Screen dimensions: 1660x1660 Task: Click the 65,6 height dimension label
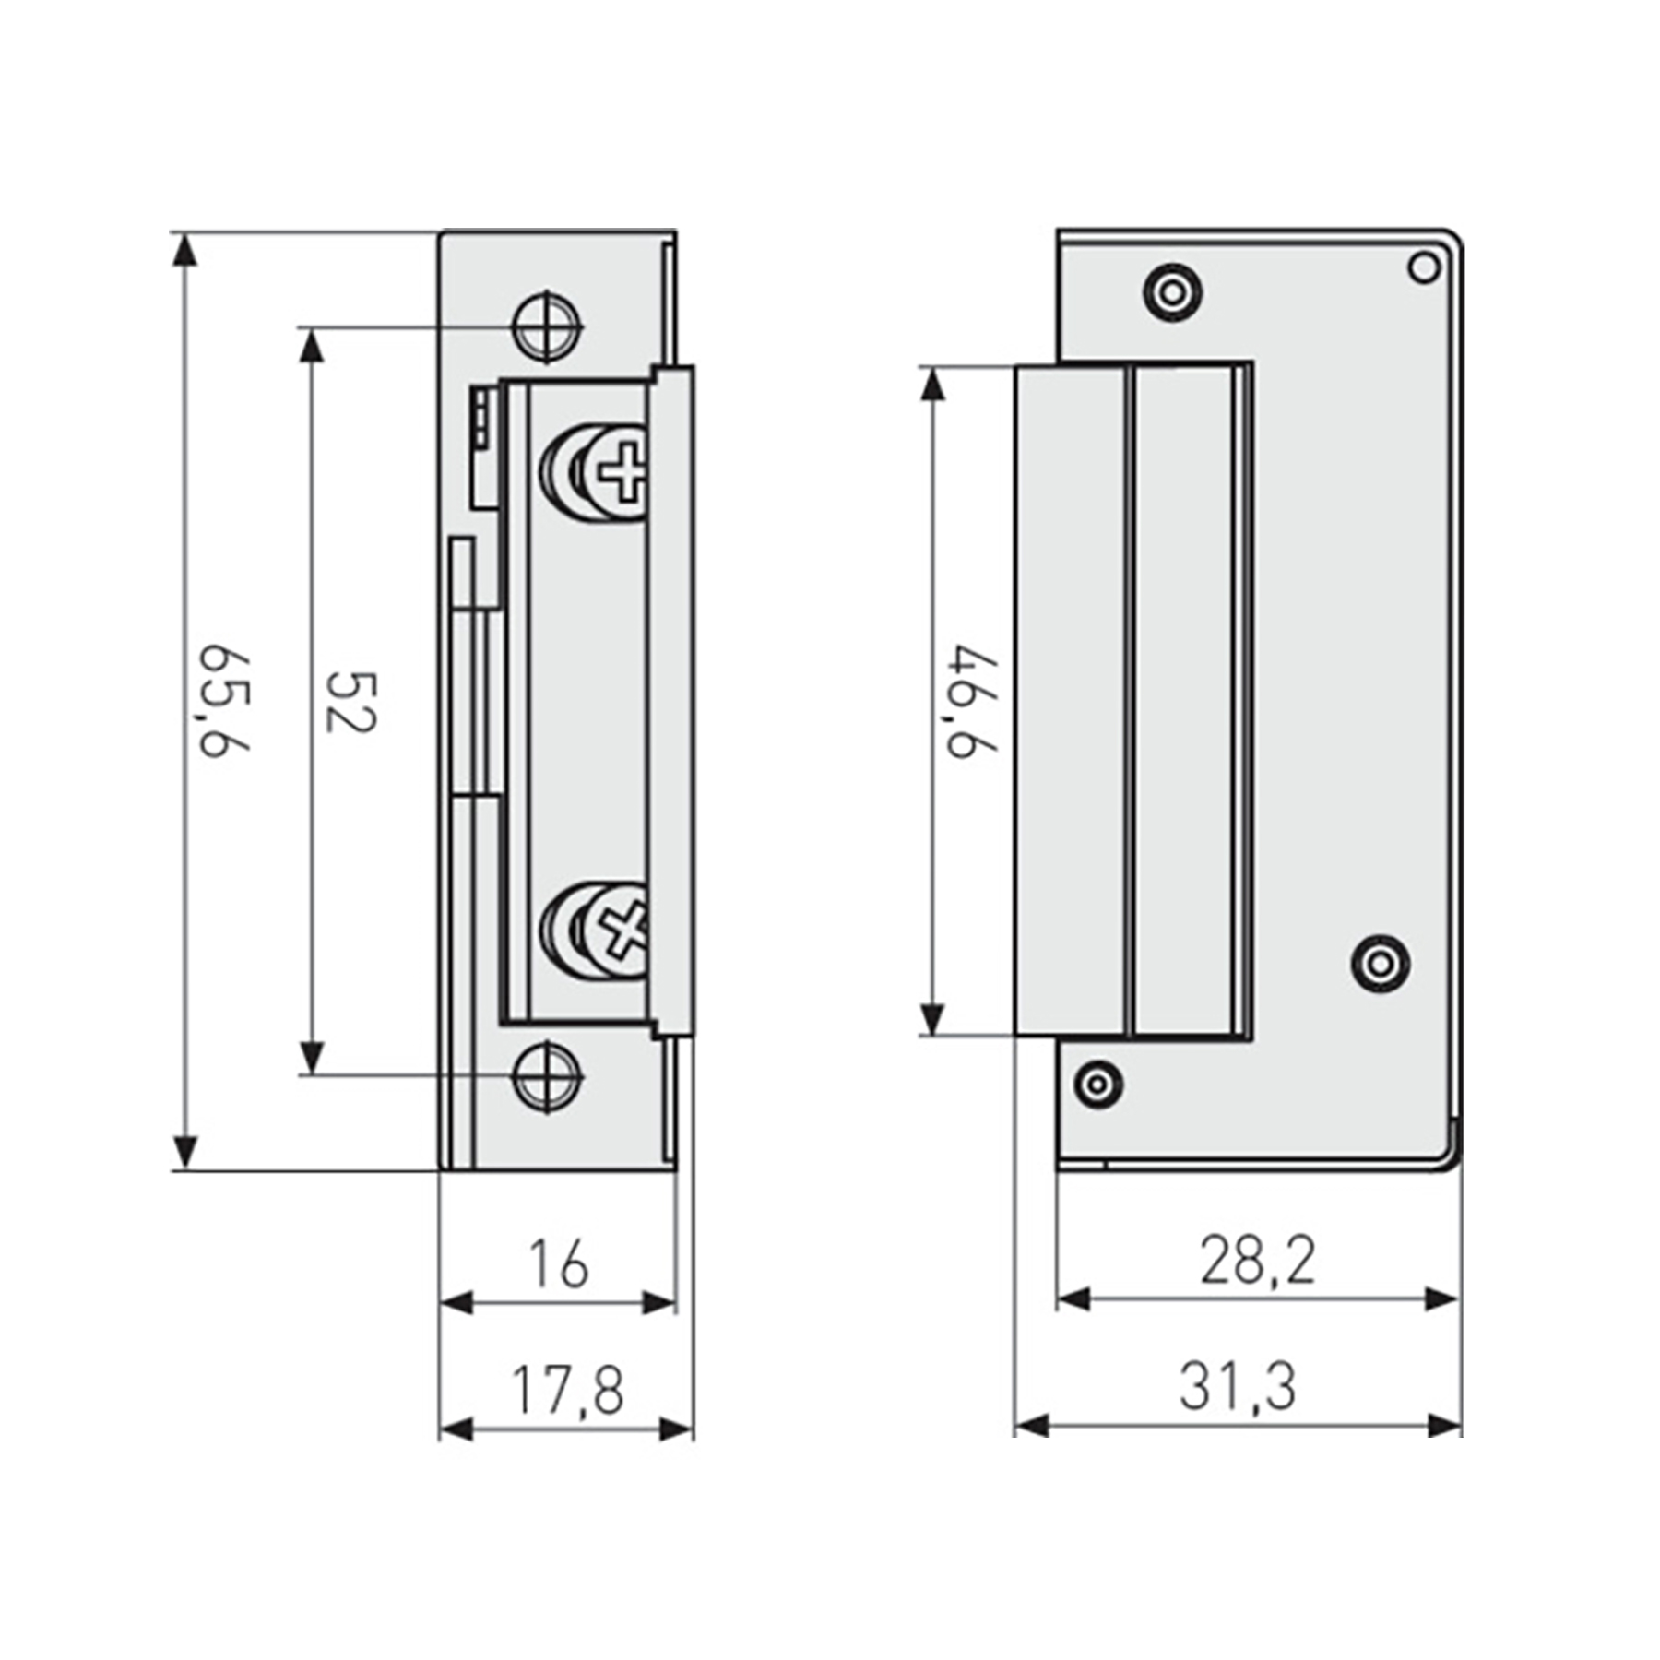point(224,702)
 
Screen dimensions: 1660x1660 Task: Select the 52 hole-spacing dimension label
point(351,702)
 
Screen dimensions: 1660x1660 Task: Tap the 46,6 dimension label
point(973,702)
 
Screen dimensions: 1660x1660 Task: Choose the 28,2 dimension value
point(1256,1262)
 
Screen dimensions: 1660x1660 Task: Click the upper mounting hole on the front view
point(550,326)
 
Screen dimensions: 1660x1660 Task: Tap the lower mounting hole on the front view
point(550,1075)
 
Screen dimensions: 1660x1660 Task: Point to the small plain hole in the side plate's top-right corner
point(1424,268)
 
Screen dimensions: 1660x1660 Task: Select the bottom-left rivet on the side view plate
point(1097,1084)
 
